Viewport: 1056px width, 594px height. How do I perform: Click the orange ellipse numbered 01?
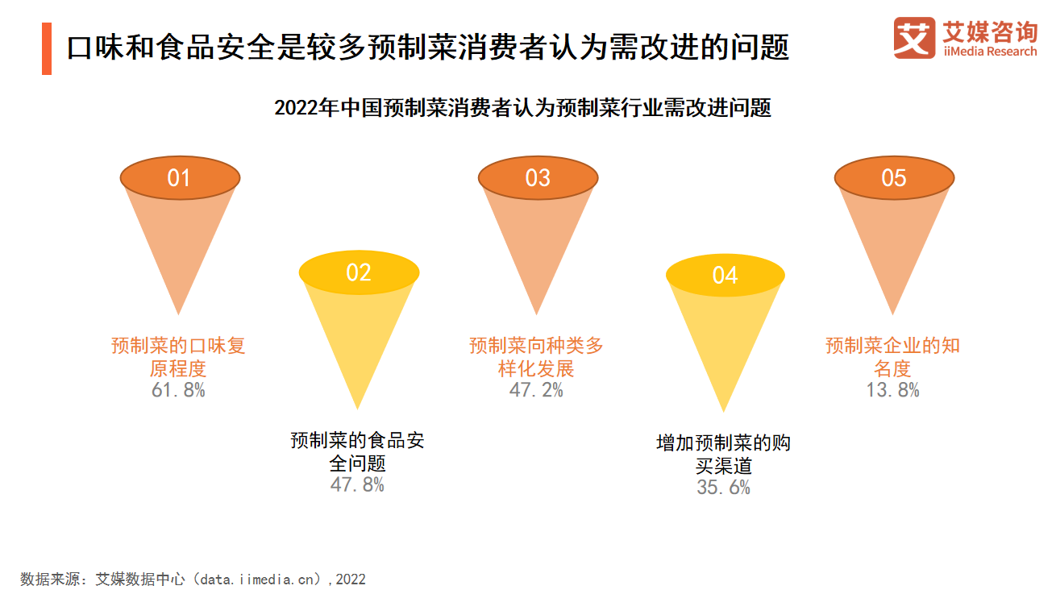click(x=180, y=178)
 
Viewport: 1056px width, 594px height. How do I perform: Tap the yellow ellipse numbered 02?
click(x=359, y=272)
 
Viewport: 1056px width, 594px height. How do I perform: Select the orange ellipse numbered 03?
click(x=538, y=178)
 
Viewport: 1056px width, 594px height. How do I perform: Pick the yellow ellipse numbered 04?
click(x=725, y=276)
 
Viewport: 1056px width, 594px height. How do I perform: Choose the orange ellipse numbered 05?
click(x=894, y=178)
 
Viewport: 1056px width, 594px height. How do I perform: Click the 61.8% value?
click(x=178, y=390)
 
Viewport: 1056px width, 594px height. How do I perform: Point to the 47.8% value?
click(x=357, y=485)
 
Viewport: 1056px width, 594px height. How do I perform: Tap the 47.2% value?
click(x=536, y=390)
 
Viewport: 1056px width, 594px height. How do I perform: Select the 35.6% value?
click(x=723, y=488)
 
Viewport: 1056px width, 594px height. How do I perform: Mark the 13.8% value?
click(x=892, y=390)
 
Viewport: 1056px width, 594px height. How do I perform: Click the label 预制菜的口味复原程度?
click(x=178, y=357)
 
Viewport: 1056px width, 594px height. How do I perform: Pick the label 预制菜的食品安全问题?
click(x=357, y=451)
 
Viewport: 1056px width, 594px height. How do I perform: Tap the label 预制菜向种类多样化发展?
click(x=536, y=357)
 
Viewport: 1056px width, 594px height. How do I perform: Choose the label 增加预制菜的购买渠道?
click(x=723, y=455)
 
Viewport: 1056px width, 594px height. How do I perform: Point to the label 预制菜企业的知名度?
click(x=892, y=357)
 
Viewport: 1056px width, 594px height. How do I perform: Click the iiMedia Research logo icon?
click(x=914, y=38)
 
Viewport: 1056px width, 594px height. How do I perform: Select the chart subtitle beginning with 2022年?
click(x=523, y=108)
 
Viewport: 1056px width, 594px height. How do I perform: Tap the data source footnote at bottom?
click(x=193, y=579)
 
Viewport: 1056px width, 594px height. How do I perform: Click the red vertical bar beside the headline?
click(x=47, y=48)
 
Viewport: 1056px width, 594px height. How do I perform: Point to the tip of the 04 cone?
click(x=724, y=413)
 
